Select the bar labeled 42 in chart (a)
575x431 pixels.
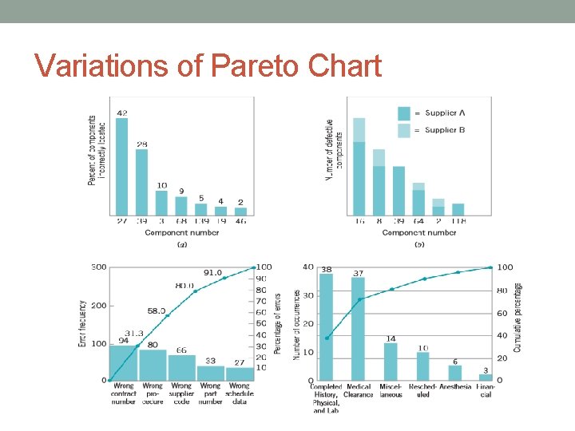click(121, 166)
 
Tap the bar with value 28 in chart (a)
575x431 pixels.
click(141, 182)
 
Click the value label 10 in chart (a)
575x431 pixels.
click(161, 185)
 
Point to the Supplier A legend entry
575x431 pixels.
click(435, 113)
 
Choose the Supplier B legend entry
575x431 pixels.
click(435, 130)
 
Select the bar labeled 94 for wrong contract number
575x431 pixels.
click(123, 362)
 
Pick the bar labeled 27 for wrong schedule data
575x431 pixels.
click(240, 373)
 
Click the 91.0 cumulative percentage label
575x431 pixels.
click(212, 272)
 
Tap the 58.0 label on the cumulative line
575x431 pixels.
click(156, 310)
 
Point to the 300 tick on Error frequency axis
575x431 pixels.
click(99, 267)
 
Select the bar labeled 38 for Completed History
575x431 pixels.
click(326, 327)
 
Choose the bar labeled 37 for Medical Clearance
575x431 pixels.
click(358, 329)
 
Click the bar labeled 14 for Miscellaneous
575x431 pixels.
click(391, 361)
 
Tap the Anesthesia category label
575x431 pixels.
click(456, 386)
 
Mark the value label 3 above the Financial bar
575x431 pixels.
click(486, 370)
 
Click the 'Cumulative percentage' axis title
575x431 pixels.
click(517, 318)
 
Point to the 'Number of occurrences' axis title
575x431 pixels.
click(297, 323)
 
